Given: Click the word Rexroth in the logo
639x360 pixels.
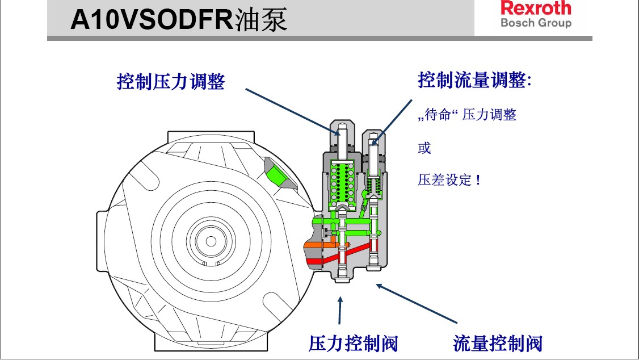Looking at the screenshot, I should [535, 9].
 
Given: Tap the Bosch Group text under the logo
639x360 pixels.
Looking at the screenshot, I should [535, 23].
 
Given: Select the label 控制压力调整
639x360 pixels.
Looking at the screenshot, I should [171, 82].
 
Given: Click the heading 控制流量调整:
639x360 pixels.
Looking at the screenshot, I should [474, 80].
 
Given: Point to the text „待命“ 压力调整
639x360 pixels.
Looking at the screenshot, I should [467, 115].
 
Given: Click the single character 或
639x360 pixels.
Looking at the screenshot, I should [424, 148].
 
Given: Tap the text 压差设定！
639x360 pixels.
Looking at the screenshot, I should [450, 181].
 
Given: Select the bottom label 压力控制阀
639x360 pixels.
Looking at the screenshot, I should [353, 343].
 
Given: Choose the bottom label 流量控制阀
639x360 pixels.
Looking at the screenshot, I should [498, 343].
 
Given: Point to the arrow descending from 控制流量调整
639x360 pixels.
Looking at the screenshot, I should [393, 120].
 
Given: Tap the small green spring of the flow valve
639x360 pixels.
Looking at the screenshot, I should [373, 185].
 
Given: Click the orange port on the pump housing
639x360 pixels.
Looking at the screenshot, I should [312, 246].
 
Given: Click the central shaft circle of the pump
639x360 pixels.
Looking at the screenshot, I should [211, 241].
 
